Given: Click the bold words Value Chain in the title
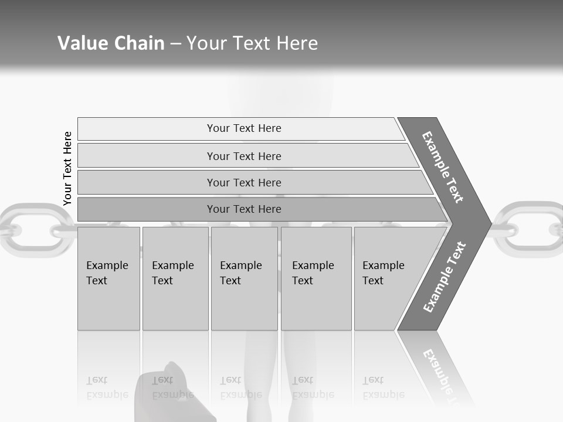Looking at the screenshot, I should [x=111, y=43].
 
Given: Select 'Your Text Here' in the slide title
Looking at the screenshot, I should [x=252, y=43].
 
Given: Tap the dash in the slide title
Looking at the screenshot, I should [x=175, y=44].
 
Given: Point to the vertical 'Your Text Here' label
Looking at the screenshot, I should [x=67, y=169].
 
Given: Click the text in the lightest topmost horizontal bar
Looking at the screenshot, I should [x=244, y=128].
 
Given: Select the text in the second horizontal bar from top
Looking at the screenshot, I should [x=244, y=156].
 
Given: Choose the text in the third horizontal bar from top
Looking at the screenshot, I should [x=244, y=183].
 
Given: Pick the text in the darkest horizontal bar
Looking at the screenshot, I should [x=244, y=209].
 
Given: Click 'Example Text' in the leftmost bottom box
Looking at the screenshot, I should [x=107, y=273].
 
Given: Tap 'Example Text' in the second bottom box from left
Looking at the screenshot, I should [x=172, y=273].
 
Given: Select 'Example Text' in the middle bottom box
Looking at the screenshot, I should [x=240, y=273].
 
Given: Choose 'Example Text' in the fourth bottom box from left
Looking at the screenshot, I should [x=313, y=273].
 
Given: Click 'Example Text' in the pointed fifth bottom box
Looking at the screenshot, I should [x=383, y=273].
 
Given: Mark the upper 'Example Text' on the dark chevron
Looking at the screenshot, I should [x=443, y=167].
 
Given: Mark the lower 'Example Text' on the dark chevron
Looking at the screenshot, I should [x=445, y=277].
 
